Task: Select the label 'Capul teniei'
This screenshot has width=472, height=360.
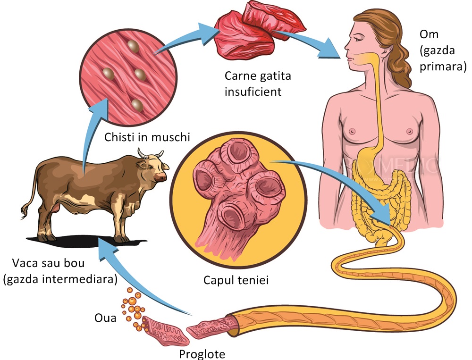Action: (x=236, y=280)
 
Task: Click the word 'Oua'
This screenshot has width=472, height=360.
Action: (x=105, y=318)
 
